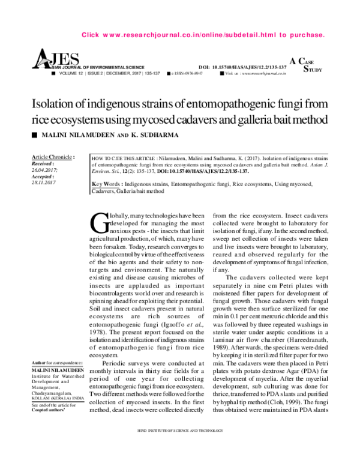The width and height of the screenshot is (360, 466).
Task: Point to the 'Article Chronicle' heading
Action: (52, 156)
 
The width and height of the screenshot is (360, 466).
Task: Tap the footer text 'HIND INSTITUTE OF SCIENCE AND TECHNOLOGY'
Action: (180, 447)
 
